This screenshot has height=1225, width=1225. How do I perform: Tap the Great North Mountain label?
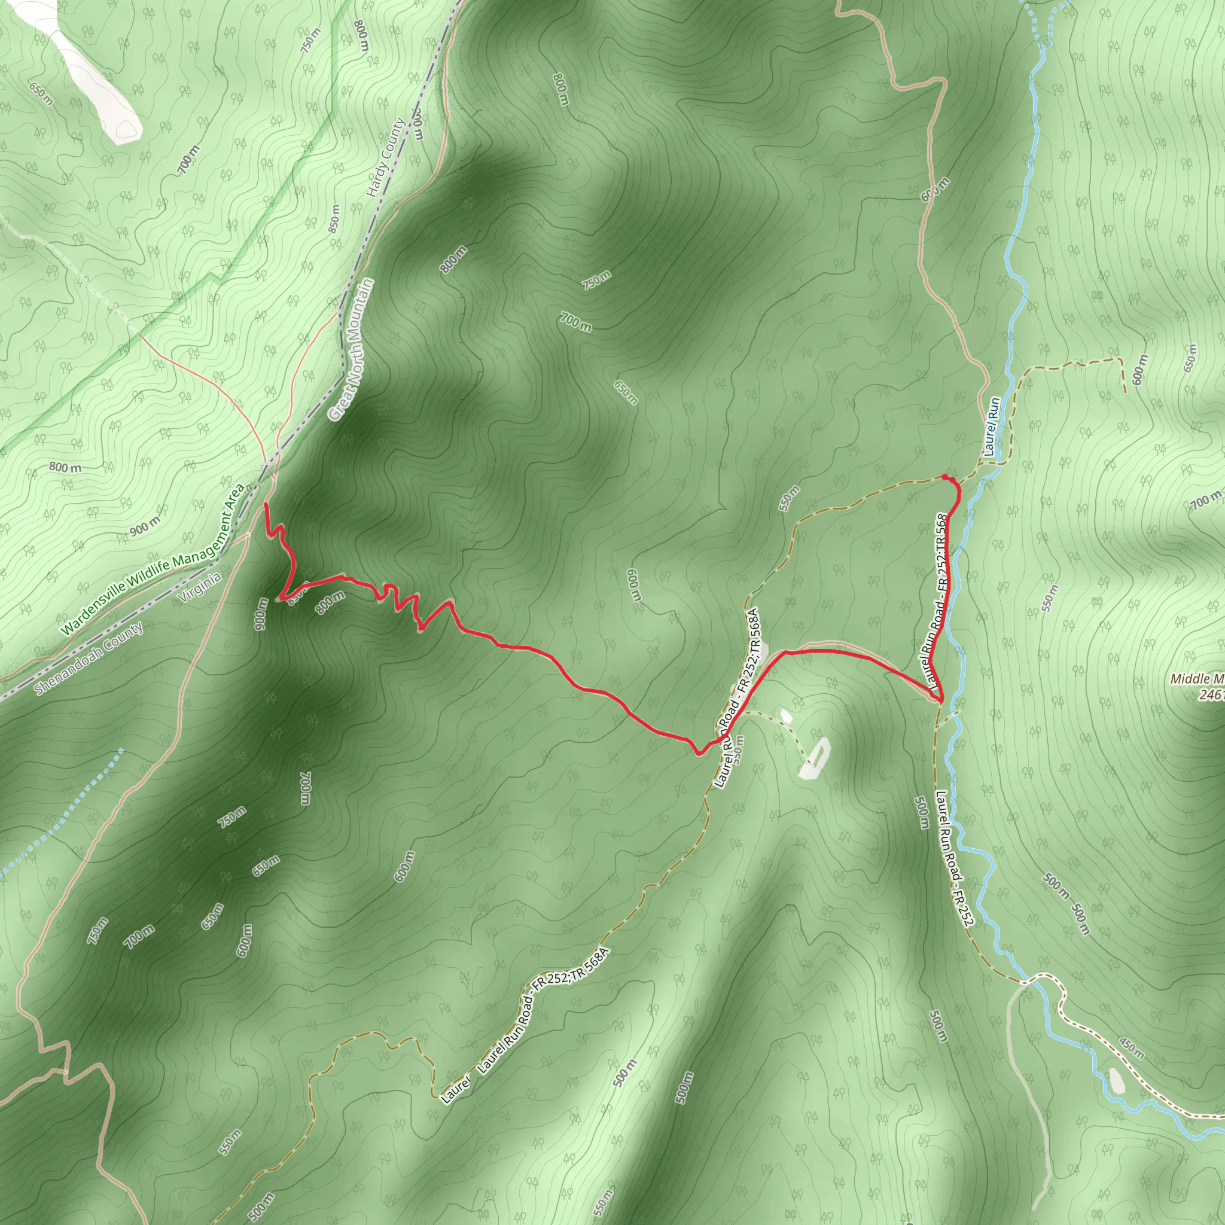click(351, 349)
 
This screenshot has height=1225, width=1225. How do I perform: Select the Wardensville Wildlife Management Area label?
click(153, 560)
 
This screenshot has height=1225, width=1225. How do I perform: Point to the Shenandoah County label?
click(89, 657)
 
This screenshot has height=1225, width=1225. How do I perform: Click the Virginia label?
click(200, 587)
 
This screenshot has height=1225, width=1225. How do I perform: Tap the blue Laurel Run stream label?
click(992, 426)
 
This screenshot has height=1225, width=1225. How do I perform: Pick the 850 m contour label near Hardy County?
click(334, 218)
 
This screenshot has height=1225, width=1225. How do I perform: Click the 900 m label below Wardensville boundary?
click(145, 526)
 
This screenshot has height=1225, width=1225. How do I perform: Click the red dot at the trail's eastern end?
click(944, 477)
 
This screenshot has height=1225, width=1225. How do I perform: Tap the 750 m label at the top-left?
click(310, 41)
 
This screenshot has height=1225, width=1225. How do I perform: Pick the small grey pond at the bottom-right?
click(1117, 1081)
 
